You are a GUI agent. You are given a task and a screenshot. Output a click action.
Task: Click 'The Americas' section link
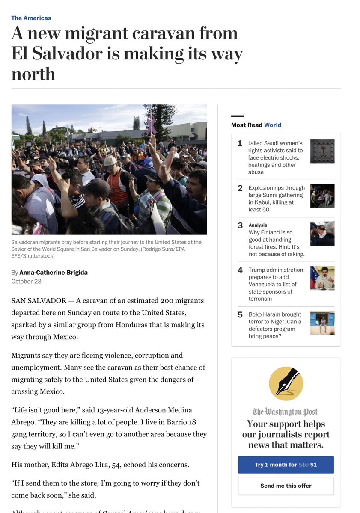31,18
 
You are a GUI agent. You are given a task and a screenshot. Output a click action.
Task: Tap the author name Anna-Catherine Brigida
54,273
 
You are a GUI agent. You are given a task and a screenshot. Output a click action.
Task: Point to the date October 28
27,281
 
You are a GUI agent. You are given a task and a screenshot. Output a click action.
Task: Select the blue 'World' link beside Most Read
273,125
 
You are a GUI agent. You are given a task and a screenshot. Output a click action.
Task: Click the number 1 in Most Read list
240,144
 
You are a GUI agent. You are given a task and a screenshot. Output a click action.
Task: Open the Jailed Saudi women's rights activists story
275,157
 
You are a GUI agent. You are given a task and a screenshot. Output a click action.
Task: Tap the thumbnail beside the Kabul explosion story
322,196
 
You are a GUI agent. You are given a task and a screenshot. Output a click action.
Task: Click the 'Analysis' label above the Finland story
258,225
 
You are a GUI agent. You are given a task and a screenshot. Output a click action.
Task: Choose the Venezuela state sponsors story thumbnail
322,278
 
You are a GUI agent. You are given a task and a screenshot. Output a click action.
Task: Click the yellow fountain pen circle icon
286,383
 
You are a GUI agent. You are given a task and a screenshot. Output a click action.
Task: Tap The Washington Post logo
285,412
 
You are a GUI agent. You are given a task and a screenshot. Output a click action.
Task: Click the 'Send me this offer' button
286,486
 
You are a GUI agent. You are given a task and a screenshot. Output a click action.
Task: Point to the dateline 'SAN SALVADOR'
39,301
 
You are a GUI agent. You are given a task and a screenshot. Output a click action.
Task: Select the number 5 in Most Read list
240,315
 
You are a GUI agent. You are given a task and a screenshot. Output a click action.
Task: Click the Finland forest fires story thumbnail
322,234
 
